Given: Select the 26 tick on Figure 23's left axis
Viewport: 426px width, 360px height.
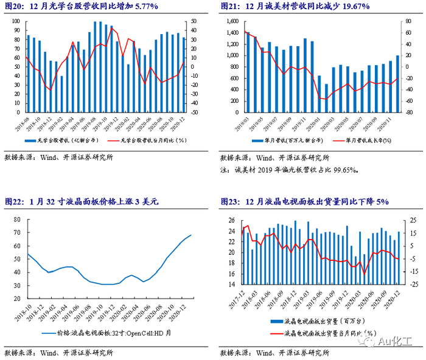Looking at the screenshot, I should click(x=231, y=220).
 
